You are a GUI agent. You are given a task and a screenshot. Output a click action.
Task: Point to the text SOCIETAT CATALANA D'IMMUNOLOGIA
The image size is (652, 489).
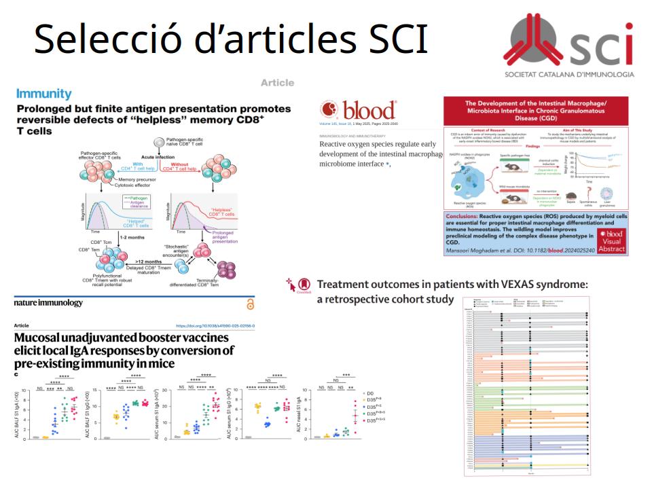pos(569,73)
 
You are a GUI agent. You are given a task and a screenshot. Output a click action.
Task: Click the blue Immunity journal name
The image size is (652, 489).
pos(43,93)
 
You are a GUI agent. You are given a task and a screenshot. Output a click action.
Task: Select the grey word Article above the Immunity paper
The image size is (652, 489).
pos(277,83)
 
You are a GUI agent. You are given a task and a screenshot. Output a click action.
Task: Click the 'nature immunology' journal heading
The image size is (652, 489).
pos(49,303)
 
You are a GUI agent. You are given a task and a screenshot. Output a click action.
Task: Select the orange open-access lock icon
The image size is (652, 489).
pos(250,304)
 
